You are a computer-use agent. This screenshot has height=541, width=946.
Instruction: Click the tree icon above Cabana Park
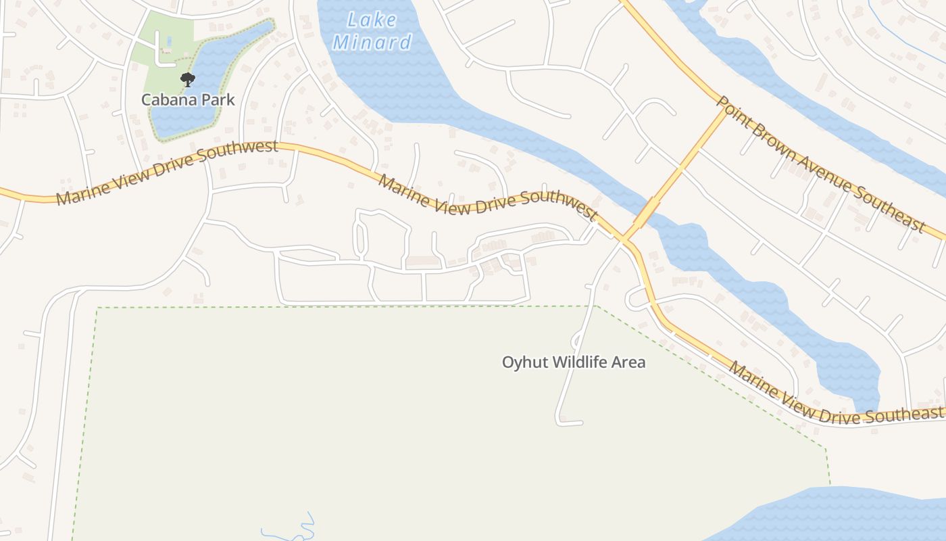tap(188, 80)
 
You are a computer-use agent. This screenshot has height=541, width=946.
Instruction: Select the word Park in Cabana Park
tap(216, 100)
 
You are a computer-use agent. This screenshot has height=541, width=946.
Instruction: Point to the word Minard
tap(372, 43)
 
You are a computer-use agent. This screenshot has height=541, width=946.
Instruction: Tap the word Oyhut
tap(524, 362)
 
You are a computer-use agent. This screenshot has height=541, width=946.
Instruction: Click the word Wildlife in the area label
tap(579, 362)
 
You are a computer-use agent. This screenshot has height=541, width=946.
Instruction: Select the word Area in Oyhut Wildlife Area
tap(628, 362)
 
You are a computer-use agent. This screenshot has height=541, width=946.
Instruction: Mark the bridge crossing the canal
tap(646, 212)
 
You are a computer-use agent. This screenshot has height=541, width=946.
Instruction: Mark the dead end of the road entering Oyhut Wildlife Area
tap(580, 423)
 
